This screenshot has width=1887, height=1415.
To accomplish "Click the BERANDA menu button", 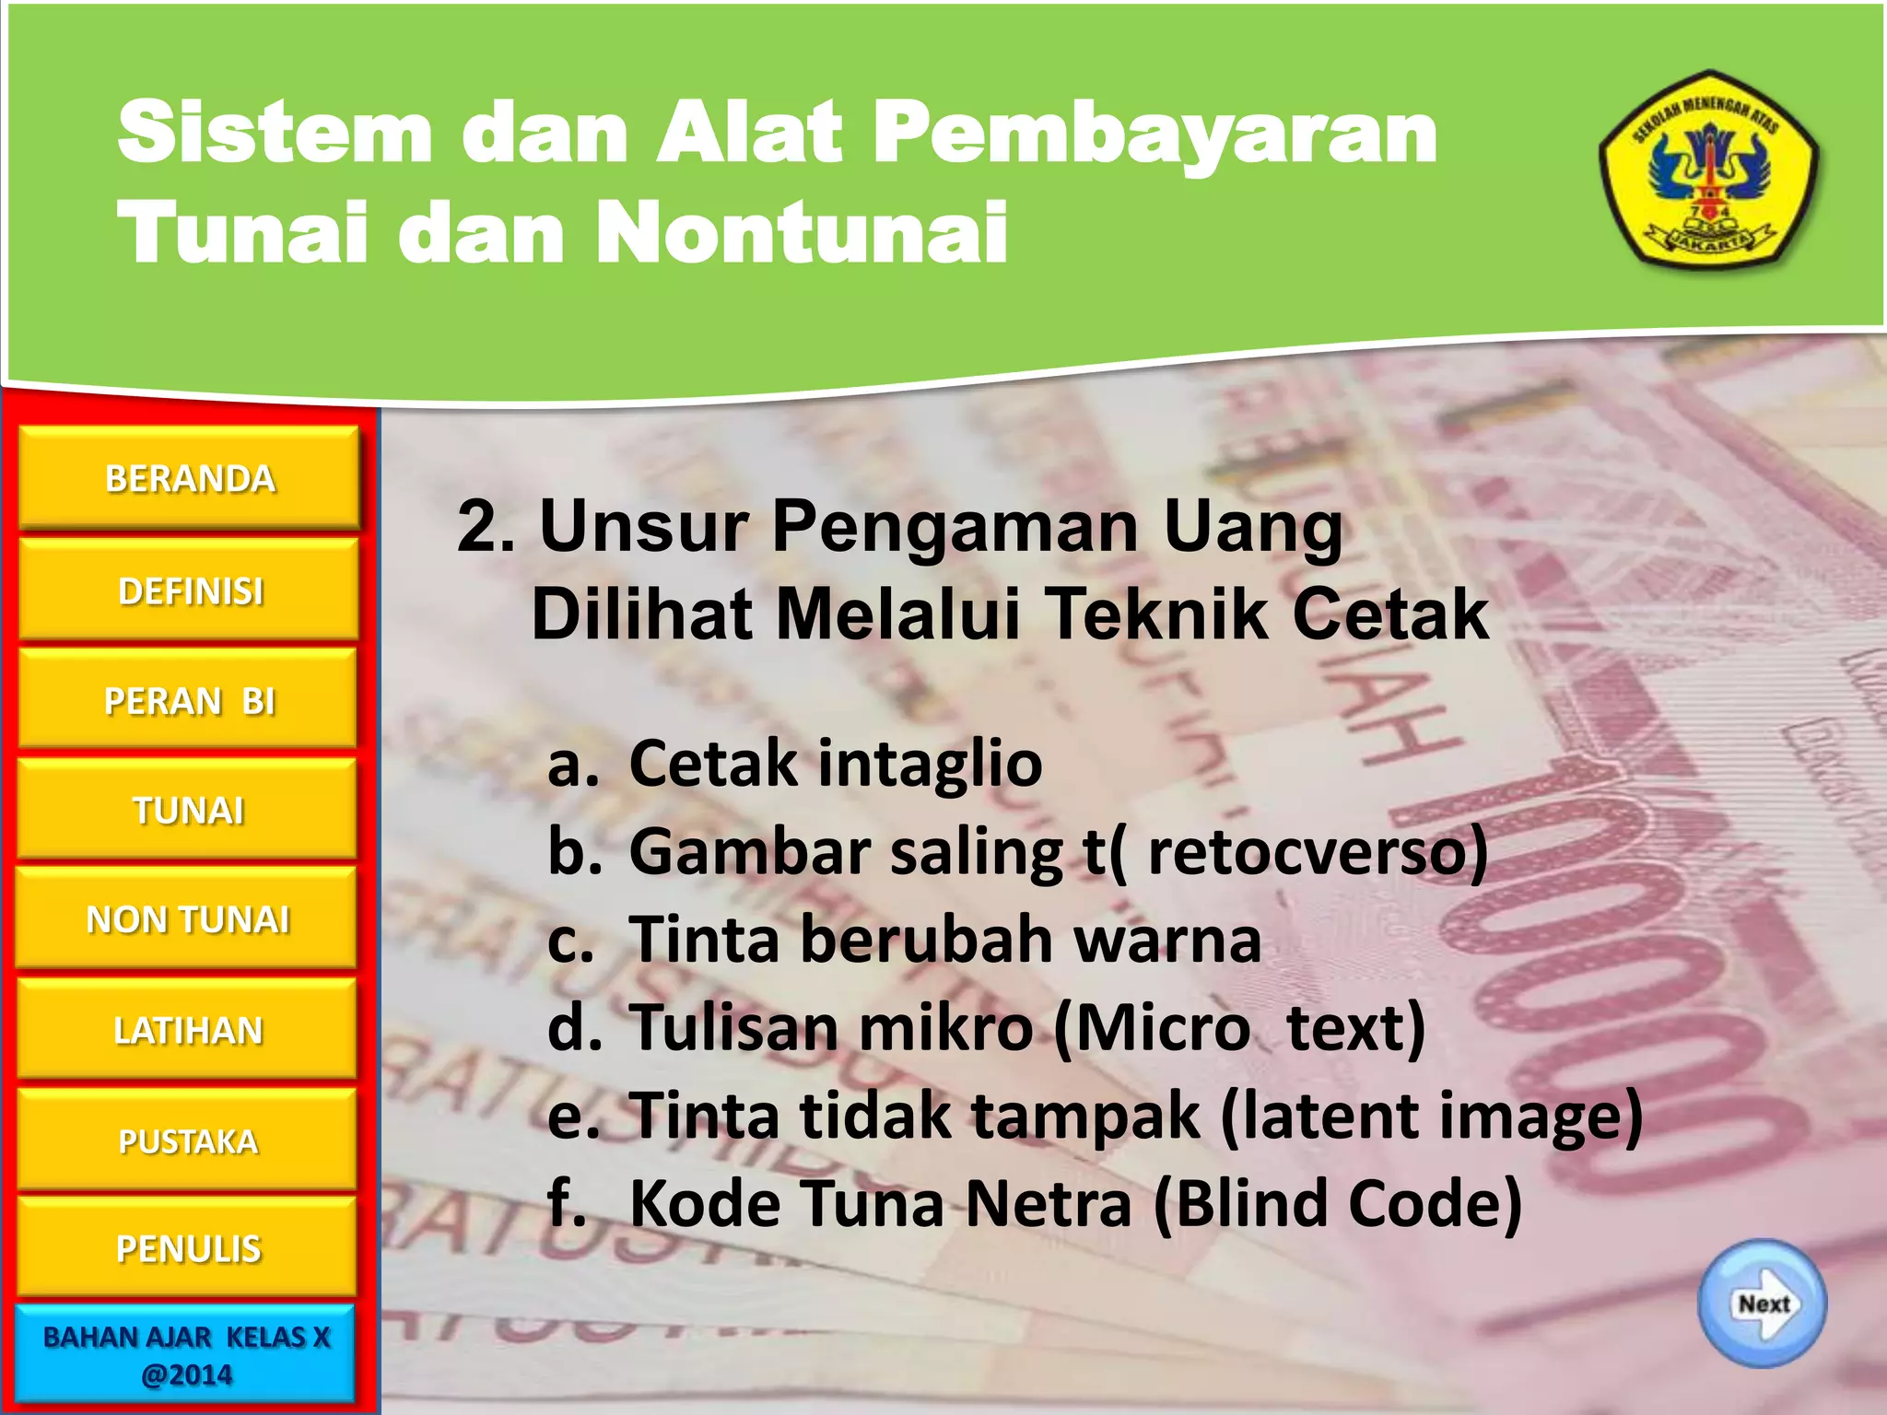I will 189,478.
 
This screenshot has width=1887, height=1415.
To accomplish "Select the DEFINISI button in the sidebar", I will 189,591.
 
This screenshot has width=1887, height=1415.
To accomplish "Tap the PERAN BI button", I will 189,700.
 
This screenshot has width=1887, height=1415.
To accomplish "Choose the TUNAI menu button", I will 189,810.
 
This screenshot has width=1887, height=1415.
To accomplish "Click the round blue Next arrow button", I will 1762,1304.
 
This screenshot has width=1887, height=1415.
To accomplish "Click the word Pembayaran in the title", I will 1155,134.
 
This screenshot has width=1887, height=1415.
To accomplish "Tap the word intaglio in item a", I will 930,764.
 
